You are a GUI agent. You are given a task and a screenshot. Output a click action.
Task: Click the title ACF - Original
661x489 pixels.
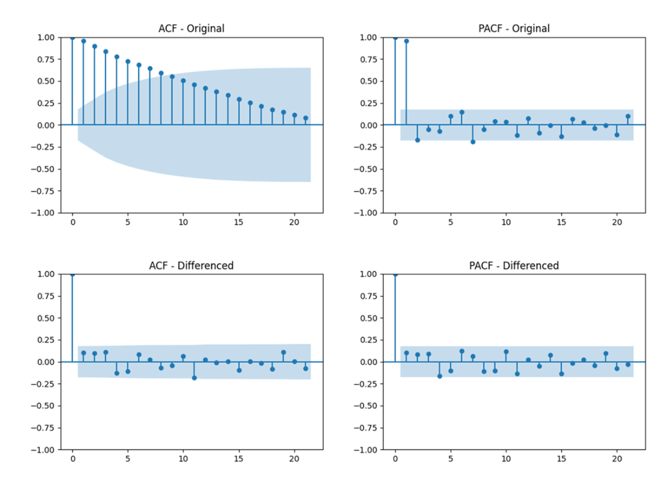point(191,28)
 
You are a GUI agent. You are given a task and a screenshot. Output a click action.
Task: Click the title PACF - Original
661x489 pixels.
point(514,28)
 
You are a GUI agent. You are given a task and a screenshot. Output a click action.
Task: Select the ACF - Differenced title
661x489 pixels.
point(191,265)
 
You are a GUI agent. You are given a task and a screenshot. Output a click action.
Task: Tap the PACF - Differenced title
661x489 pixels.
point(514,265)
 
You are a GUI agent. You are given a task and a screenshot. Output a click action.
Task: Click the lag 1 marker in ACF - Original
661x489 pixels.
point(84,41)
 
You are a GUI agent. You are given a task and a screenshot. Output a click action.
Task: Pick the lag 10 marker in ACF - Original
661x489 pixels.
point(183,80)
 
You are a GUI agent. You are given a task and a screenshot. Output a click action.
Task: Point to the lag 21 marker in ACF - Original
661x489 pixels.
point(305,118)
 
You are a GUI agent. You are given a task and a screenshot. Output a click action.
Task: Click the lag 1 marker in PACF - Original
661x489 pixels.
point(406,41)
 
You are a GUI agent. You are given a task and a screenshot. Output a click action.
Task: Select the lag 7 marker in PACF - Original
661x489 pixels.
point(473,142)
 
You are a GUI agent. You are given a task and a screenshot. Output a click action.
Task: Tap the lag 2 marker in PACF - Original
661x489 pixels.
point(417,140)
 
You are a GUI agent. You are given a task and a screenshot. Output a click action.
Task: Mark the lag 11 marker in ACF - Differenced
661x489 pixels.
point(194,378)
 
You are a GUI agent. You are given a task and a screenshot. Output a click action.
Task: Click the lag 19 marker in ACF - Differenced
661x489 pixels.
point(283,353)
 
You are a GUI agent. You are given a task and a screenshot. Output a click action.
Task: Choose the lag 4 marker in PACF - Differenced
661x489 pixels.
point(439,376)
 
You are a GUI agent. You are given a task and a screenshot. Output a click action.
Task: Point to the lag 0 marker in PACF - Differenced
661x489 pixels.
point(395,275)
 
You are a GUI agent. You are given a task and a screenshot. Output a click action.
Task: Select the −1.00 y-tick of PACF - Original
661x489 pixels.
point(368,213)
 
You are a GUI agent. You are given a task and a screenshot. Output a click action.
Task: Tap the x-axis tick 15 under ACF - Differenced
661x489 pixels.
point(239,459)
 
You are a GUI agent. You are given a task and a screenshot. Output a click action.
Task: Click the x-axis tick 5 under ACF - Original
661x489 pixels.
point(128,222)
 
